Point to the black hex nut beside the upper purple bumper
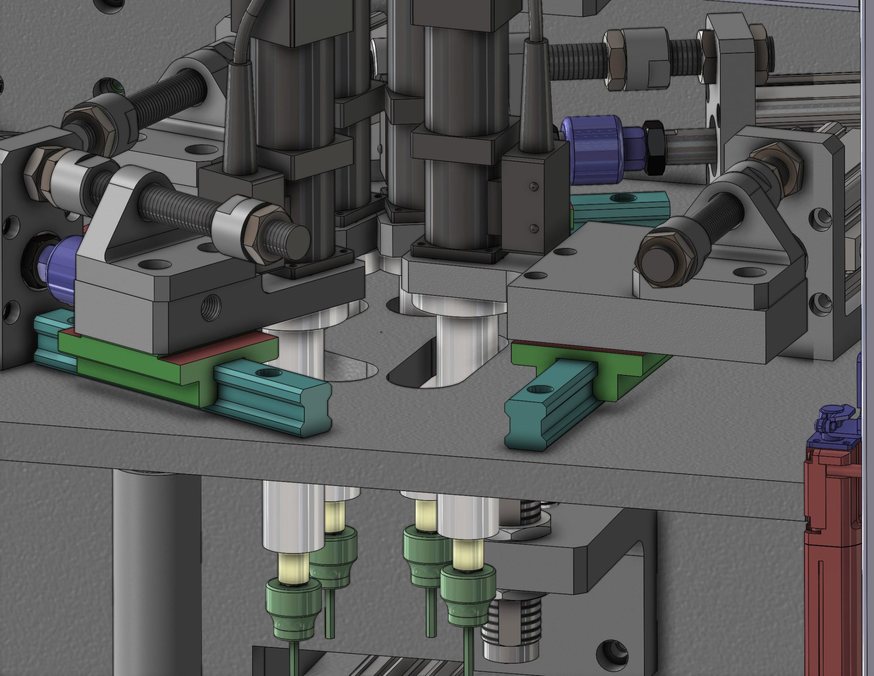pyautogui.click(x=653, y=147)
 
